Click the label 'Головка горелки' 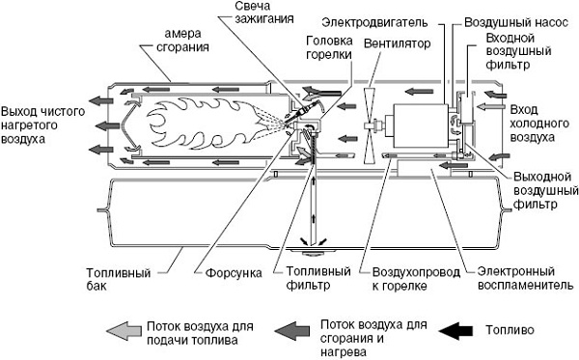(329, 48)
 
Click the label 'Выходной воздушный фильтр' (536, 191)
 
